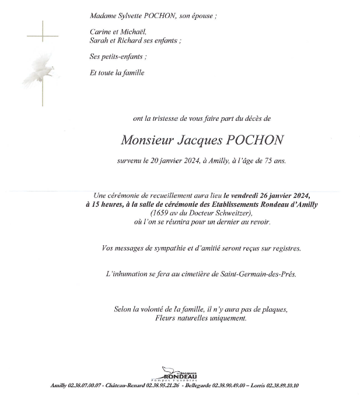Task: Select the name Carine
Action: [x=100, y=32]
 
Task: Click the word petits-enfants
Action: [x=121, y=57]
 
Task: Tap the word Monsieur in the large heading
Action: [x=146, y=140]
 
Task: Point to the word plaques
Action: [x=276, y=309]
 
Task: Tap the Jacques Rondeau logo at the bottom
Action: [x=180, y=374]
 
